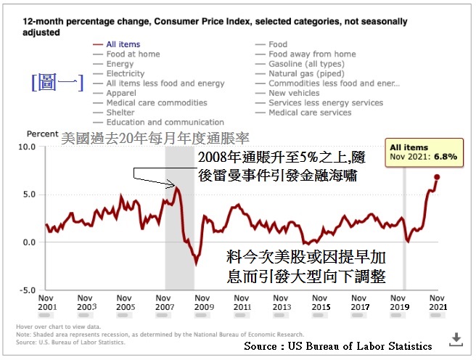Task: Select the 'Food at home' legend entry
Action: (x=134, y=54)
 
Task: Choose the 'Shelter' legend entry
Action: (x=120, y=112)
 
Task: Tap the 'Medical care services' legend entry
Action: (x=310, y=112)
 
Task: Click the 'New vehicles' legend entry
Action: (x=294, y=93)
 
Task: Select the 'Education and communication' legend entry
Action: (x=165, y=123)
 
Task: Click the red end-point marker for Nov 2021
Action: (x=437, y=177)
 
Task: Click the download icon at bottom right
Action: (x=456, y=338)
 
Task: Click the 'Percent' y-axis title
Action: (x=42, y=134)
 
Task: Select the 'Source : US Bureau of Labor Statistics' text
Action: (x=337, y=346)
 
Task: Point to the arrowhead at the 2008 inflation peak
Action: (x=174, y=185)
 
